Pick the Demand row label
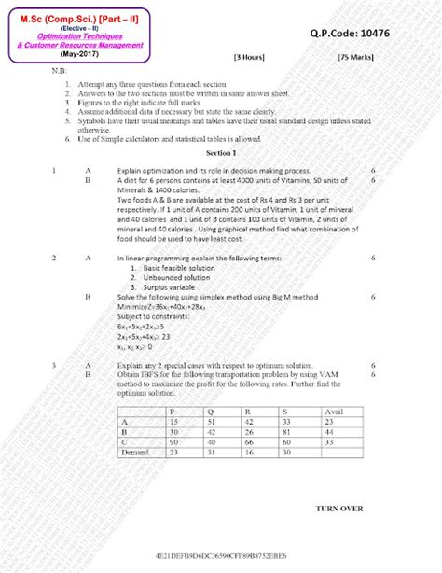[x=136, y=452]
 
